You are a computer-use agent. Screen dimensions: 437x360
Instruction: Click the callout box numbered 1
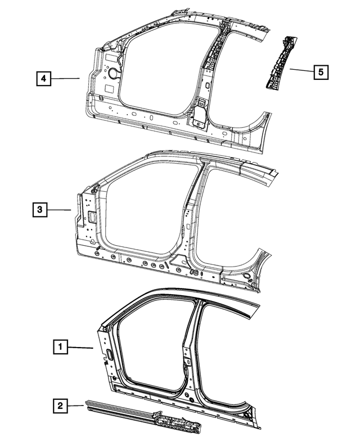pyautogui.click(x=61, y=347)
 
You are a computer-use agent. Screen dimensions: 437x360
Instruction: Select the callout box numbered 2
pyautogui.click(x=61, y=404)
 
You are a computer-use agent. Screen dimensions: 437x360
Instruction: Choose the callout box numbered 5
pyautogui.click(x=321, y=72)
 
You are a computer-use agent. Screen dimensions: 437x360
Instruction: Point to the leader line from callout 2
pyautogui.click(x=76, y=404)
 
